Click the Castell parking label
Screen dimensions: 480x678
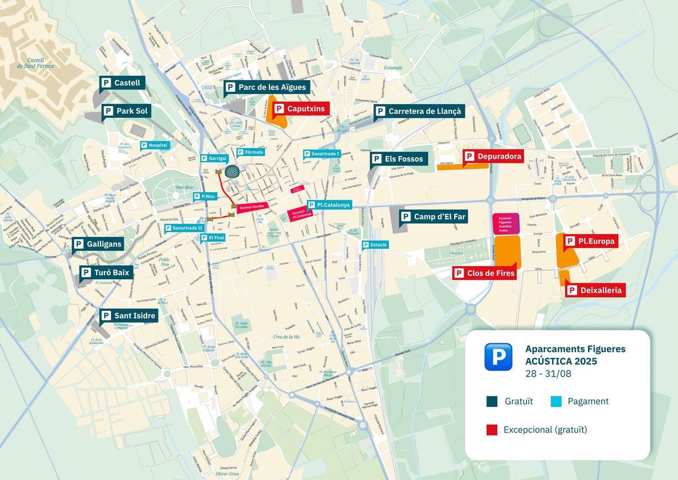coord(122,83)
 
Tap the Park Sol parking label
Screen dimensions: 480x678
coord(125,111)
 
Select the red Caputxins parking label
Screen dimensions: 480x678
coord(299,109)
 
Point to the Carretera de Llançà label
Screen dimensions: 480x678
coord(419,111)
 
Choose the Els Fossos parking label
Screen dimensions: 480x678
coord(398,159)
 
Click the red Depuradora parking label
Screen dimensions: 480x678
coord(493,156)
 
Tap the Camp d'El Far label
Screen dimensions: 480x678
coord(433,217)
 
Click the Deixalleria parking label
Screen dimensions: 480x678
coord(595,290)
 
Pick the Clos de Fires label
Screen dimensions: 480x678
coord(485,273)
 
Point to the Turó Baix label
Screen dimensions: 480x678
coord(106,273)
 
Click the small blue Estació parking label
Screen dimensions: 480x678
coord(375,245)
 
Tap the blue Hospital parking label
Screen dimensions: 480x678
coord(154,145)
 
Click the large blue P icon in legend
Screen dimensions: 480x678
coord(498,357)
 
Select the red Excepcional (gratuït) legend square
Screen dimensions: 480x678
coord(492,430)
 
